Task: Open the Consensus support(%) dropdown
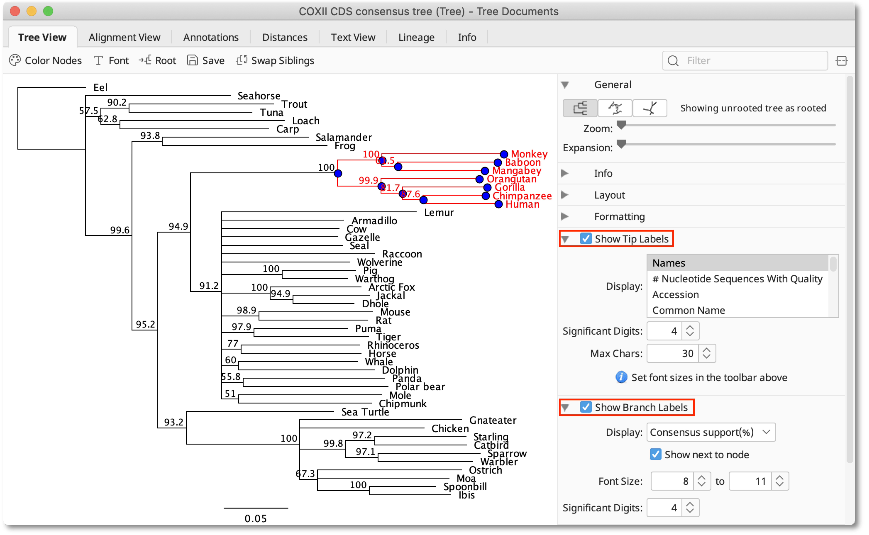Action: pos(710,432)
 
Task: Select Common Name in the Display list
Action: pos(689,310)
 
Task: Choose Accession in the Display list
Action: pos(675,294)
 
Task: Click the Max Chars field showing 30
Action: pos(673,353)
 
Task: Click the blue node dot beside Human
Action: pos(498,204)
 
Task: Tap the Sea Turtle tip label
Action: pos(365,412)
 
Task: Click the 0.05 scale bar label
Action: pos(256,518)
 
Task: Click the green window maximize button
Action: pos(48,11)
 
